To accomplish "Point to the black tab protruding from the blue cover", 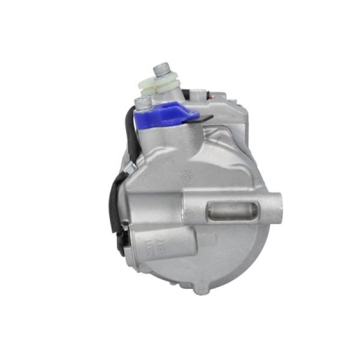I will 206,118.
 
